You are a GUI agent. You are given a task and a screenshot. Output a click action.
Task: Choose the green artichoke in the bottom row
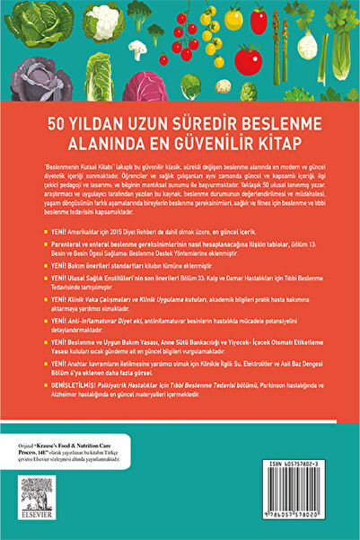tap(189, 86)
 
